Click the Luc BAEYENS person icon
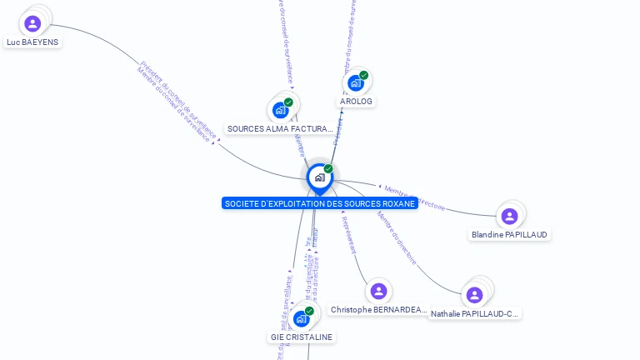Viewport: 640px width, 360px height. (32, 23)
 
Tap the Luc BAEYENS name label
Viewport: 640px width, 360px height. (32, 42)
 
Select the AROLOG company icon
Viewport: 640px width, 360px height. (356, 83)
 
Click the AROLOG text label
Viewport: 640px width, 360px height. (356, 101)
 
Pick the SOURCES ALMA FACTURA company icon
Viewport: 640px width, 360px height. (281, 110)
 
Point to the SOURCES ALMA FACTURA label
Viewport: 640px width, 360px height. (280, 129)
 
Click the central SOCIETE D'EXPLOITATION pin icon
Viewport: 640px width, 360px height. (319, 177)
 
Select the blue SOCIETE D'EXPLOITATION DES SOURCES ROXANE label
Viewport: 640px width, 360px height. (320, 203)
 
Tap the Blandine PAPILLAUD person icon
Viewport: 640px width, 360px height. (509, 217)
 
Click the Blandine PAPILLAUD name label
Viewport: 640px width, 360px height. (509, 234)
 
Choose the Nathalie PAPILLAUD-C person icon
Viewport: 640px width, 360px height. (474, 295)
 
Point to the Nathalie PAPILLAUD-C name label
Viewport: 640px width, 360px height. (475, 314)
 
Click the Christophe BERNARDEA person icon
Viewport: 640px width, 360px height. (378, 291)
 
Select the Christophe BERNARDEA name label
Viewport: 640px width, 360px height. (378, 309)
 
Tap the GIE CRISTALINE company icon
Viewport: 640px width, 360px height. (301, 318)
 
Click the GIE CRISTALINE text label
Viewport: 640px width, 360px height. (302, 337)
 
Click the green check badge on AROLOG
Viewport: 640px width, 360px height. (364, 75)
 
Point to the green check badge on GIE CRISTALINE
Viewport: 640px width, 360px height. (309, 311)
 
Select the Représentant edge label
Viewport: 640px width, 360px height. (350, 233)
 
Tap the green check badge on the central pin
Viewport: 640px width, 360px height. (328, 169)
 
